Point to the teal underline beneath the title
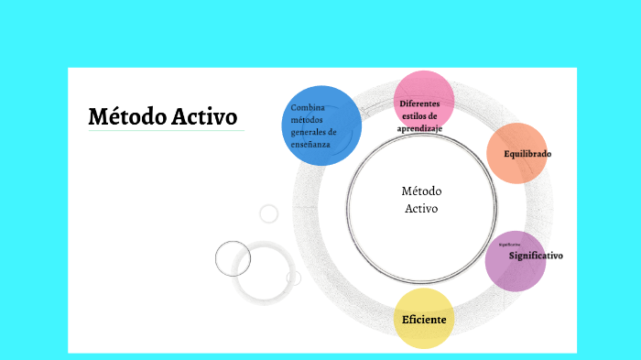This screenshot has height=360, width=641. click(166, 131)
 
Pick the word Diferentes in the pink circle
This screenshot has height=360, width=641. click(419, 104)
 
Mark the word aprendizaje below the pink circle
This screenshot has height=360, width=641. click(419, 129)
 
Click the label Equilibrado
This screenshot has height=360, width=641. click(527, 153)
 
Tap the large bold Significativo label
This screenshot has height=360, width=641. click(536, 256)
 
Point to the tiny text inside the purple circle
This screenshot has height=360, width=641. click(510, 245)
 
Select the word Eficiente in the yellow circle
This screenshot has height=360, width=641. click(424, 320)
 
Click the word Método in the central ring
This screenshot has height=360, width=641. click(421, 191)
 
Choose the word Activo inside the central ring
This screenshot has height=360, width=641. click(421, 208)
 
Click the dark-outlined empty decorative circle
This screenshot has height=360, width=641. click(233, 257)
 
